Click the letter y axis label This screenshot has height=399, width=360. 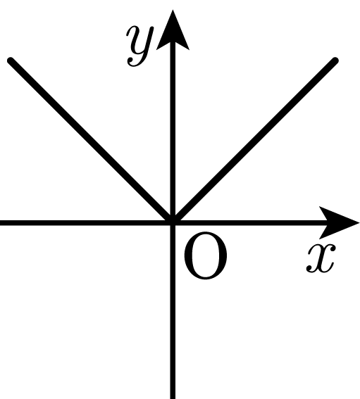(140, 46)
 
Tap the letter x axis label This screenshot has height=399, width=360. (321, 258)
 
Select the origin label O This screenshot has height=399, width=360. (205, 255)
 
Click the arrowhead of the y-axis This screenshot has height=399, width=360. (173, 30)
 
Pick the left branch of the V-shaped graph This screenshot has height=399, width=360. (92, 141)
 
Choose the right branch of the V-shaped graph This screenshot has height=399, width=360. (254, 141)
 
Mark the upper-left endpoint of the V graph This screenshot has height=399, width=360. (11, 61)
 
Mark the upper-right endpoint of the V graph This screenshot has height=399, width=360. (335, 61)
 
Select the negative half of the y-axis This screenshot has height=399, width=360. (173, 311)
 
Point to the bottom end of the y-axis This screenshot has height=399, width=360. (173, 398)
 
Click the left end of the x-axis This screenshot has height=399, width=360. (1, 223)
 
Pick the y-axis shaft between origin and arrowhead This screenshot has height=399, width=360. (173, 132)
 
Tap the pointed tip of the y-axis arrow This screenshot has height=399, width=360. (173, 10)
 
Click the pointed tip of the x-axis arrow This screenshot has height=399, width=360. (359, 223)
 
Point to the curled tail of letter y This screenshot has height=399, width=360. (134, 63)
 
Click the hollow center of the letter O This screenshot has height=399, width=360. (205, 255)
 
